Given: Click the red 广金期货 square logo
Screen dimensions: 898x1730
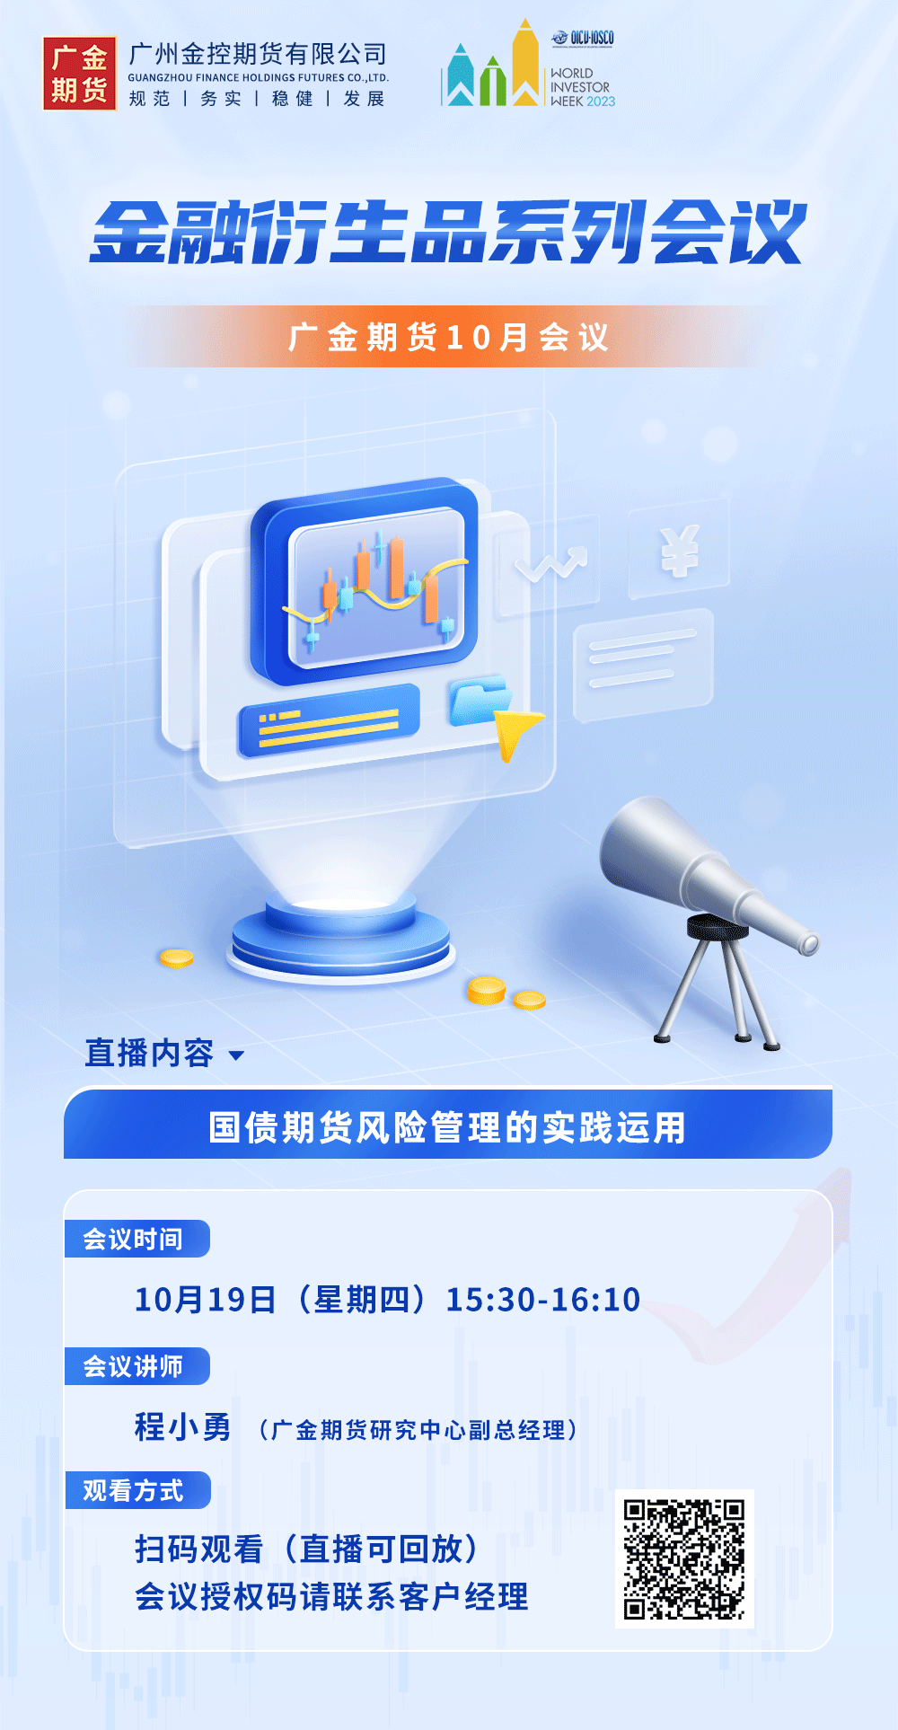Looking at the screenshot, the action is click(x=79, y=74).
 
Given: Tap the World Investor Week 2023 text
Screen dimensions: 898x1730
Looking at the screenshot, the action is click(x=583, y=87).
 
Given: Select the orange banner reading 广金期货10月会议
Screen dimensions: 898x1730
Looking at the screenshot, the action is click(x=449, y=337).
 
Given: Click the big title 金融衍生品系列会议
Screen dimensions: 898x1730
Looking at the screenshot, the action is click(x=448, y=233).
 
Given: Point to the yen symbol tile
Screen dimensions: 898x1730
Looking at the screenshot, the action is click(x=679, y=550).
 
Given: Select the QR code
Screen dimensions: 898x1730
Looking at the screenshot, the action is click(x=684, y=1558).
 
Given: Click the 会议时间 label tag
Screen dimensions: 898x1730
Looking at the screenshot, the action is click(x=136, y=1239).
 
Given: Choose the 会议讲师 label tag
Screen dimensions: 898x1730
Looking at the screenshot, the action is click(x=136, y=1366).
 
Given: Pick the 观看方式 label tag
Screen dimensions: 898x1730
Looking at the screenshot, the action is click(x=136, y=1490).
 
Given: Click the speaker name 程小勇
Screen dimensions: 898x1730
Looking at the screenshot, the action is click(x=183, y=1426).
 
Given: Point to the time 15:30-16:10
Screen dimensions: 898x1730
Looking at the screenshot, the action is click(x=543, y=1300).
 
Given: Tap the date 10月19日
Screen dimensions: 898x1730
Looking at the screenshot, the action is click(x=206, y=1300).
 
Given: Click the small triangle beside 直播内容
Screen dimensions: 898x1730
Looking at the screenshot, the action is click(x=237, y=1055).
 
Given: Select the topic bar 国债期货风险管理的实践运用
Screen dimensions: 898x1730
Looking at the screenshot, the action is click(x=448, y=1124).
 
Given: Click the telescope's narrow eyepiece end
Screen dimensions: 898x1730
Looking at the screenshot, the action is click(x=809, y=944).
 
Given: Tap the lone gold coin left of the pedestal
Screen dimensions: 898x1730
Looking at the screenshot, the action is click(x=177, y=958).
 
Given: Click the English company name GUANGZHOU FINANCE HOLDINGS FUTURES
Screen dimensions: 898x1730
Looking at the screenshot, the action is click(x=259, y=78).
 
